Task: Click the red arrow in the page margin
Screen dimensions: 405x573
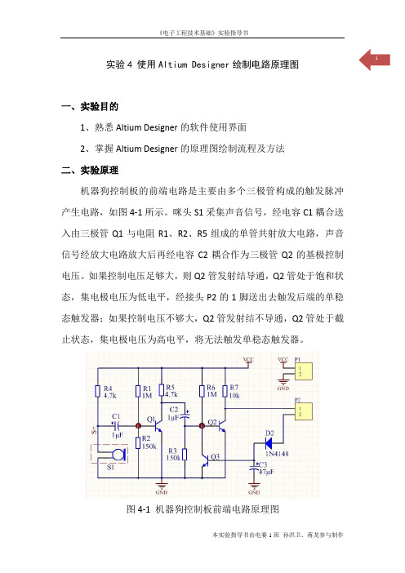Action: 374,60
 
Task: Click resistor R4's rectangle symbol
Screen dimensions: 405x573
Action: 98,391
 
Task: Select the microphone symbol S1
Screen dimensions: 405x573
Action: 118,455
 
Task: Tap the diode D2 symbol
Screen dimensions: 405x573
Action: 269,443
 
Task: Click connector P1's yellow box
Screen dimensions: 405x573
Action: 304,371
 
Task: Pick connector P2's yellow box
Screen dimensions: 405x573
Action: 304,411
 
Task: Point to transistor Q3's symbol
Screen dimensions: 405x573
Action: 206,460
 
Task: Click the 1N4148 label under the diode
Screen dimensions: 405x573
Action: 277,454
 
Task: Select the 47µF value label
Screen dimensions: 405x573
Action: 266,472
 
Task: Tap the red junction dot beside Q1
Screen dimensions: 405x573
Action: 138,426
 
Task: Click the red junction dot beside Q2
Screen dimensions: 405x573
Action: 202,426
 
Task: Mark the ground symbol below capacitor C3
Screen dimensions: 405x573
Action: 254,486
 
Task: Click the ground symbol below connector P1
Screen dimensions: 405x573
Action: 283,381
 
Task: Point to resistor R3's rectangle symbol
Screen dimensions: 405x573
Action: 185,455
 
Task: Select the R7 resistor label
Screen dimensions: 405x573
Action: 234,388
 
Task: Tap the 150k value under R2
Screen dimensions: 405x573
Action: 149,446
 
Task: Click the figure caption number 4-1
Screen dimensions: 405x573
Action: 144,509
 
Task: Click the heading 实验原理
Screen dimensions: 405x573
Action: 100,170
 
